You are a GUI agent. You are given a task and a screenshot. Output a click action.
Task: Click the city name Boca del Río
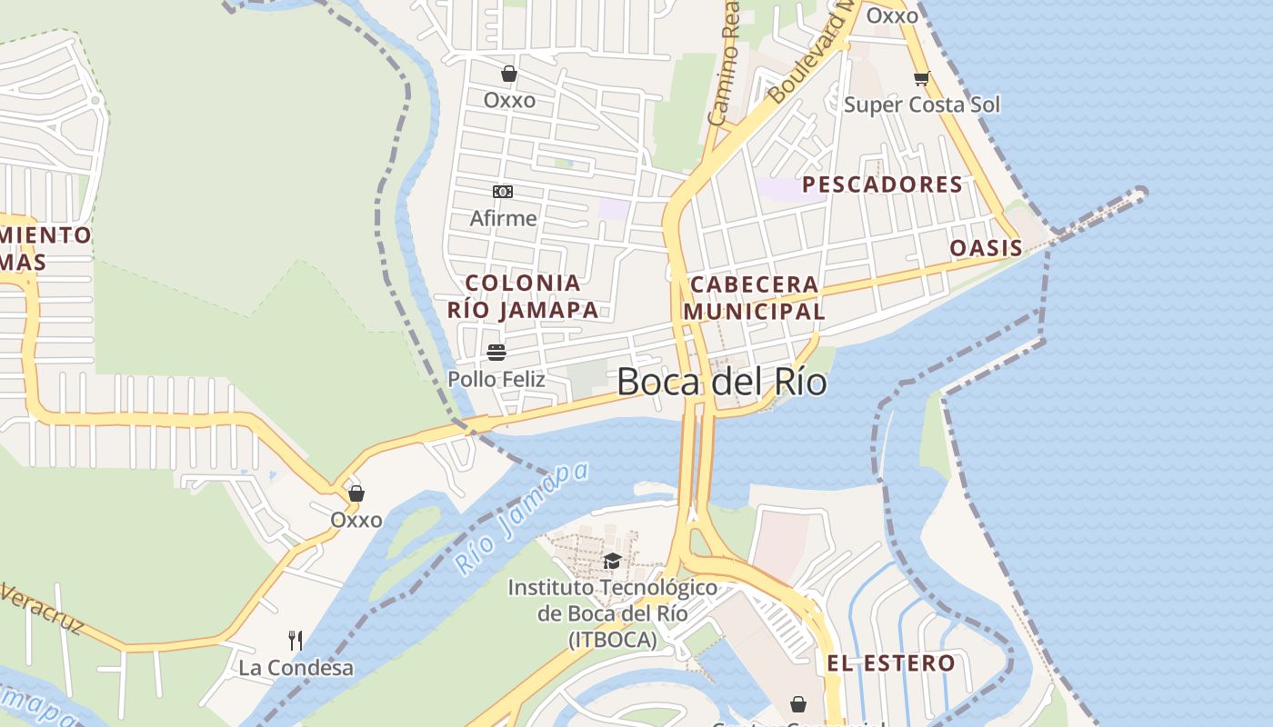tap(722, 382)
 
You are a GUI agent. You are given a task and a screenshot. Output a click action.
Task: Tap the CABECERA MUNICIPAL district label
tap(754, 298)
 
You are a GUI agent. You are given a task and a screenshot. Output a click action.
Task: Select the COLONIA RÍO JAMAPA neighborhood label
tap(523, 296)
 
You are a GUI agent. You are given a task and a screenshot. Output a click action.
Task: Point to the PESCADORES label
tap(882, 184)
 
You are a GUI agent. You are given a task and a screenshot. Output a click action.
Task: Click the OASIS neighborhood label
tap(986, 248)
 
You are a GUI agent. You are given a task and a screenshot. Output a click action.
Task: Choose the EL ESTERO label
tap(891, 663)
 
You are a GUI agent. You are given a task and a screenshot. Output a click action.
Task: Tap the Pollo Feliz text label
tap(496, 379)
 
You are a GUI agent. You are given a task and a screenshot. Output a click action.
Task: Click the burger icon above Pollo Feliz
tap(496, 352)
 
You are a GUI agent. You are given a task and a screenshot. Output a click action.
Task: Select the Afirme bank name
tap(503, 219)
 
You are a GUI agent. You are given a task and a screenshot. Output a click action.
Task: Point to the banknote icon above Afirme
tap(503, 192)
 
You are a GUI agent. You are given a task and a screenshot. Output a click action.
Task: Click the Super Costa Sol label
tap(921, 105)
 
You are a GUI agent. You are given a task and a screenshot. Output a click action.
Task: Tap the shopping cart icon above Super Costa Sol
tap(921, 78)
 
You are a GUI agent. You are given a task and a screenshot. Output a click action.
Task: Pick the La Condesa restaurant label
tap(296, 668)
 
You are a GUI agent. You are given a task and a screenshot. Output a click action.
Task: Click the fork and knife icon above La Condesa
tap(296, 640)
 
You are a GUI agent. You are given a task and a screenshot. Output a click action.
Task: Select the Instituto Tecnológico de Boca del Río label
tap(612, 613)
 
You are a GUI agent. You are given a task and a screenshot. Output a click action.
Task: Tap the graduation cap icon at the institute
tap(612, 561)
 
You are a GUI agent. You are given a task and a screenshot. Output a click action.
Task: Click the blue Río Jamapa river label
tap(521, 519)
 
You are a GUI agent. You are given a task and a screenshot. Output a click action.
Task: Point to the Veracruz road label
tap(41, 610)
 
